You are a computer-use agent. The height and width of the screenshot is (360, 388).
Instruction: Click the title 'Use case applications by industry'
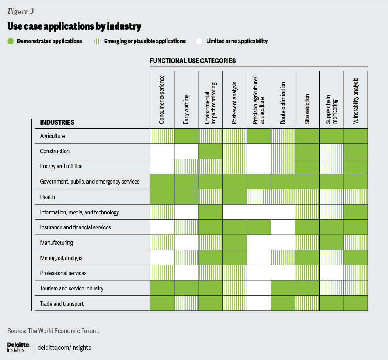pyautogui.click(x=74, y=27)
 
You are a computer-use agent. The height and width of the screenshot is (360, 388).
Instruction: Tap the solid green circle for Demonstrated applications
pyautogui.click(x=11, y=41)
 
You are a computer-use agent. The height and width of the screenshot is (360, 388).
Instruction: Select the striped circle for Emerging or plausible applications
pyautogui.click(x=97, y=41)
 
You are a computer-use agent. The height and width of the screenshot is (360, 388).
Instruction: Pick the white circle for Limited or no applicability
pyautogui.click(x=199, y=41)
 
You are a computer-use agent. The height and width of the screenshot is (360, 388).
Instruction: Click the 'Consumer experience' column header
pyautogui.click(x=162, y=100)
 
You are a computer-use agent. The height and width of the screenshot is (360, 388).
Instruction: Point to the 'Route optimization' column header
pyautogui.click(x=283, y=103)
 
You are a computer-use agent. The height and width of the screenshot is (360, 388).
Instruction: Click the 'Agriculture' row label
pyautogui.click(x=53, y=136)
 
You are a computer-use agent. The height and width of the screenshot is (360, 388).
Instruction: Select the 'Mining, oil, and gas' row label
pyautogui.click(x=61, y=258)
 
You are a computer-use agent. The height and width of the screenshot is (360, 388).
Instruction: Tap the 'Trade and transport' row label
pyautogui.click(x=62, y=303)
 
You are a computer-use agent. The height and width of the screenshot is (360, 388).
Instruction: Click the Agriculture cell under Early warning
pyautogui.click(x=186, y=136)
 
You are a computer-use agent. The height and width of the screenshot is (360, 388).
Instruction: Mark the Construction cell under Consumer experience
pyautogui.click(x=162, y=151)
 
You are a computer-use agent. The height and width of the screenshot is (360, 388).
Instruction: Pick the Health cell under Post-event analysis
pyautogui.click(x=234, y=197)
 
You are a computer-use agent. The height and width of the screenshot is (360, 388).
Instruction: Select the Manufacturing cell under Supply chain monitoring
pyautogui.click(x=331, y=243)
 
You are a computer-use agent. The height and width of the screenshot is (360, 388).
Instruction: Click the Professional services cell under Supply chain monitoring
pyautogui.click(x=331, y=273)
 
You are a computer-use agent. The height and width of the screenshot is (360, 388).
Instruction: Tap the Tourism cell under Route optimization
pyautogui.click(x=283, y=288)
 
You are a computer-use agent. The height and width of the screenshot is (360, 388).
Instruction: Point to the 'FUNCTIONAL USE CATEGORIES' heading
pyautogui.click(x=193, y=61)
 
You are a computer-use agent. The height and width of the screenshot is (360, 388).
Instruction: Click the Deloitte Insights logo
pyautogui.click(x=19, y=347)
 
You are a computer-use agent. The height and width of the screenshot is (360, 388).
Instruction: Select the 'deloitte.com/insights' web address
pyautogui.click(x=64, y=347)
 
